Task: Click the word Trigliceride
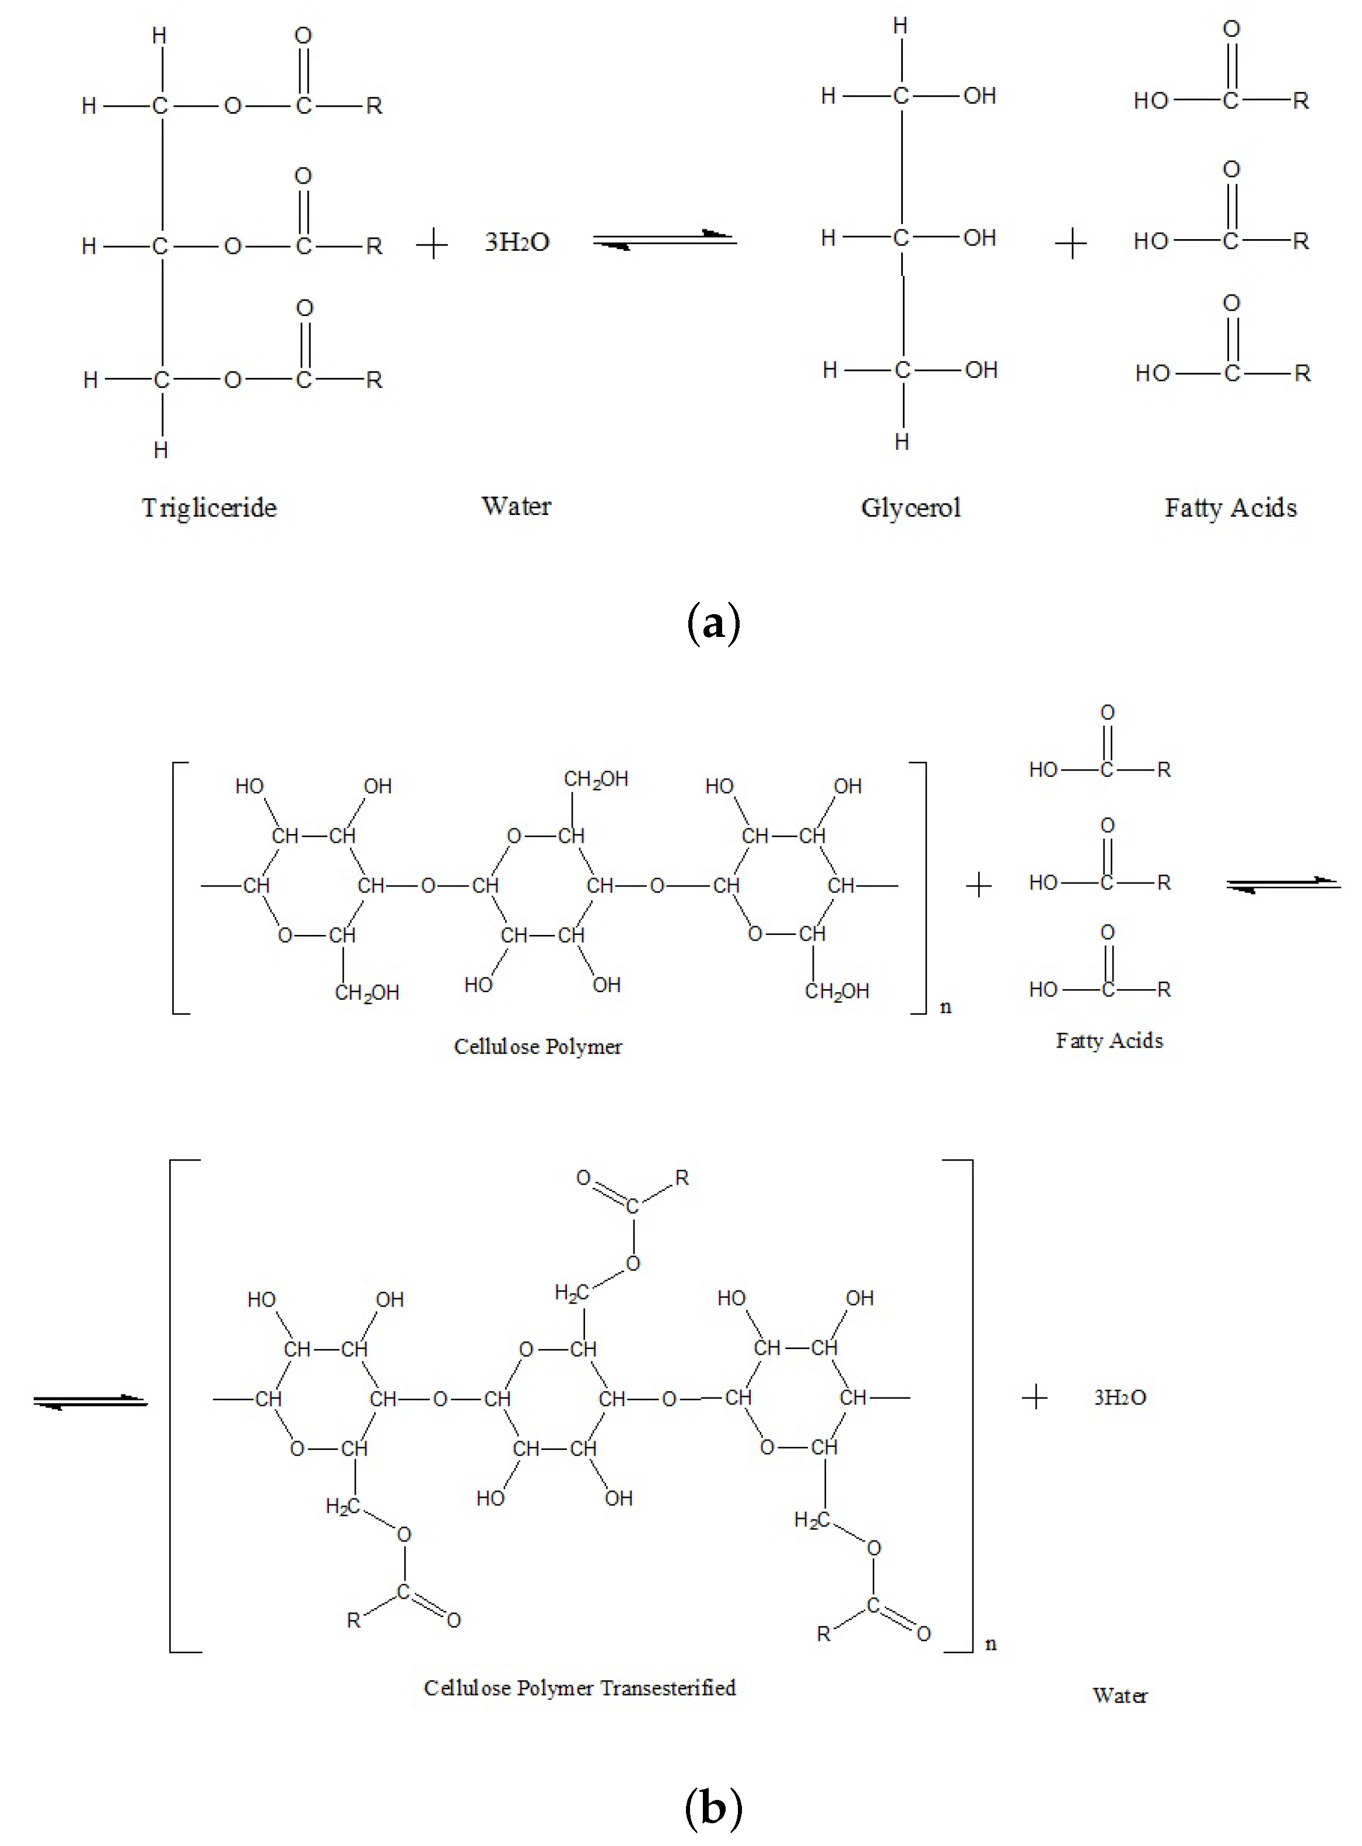coord(209,508)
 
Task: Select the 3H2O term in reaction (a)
coord(517,243)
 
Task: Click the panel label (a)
coord(713,624)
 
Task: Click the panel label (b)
coord(713,1808)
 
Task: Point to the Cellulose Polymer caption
coord(538,1046)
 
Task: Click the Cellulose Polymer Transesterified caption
coord(580,1688)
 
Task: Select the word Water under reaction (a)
coord(516,506)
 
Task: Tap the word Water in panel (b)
coord(1119,1696)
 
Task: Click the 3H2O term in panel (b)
coord(1119,1397)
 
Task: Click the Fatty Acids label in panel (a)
coord(1230,508)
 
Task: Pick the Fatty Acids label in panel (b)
coord(1109,1041)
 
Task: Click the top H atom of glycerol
coord(900,26)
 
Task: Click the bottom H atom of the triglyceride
coord(161,450)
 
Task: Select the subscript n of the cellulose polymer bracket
coord(946,1007)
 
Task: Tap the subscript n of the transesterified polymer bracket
coord(991,1644)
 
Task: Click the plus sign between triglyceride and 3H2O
coord(432,245)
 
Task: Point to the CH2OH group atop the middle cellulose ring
coord(596,779)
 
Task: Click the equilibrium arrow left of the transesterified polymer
coord(90,1402)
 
